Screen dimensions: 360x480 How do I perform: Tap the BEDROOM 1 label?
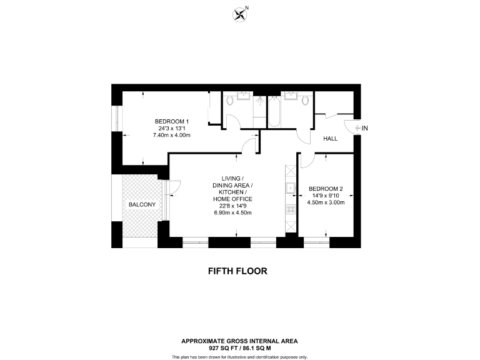point(172,121)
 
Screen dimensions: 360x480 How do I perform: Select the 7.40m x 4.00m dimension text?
point(172,135)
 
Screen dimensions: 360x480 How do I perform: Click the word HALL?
point(331,138)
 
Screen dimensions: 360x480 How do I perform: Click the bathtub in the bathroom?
point(274,111)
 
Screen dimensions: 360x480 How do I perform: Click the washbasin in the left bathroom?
point(242,96)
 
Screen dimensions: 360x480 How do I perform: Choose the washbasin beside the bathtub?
point(290,96)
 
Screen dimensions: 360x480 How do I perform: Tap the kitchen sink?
point(290,188)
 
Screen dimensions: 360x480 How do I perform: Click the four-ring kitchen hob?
point(290,210)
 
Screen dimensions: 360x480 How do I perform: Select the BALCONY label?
point(141,204)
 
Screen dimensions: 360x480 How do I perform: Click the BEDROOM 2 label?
point(326,189)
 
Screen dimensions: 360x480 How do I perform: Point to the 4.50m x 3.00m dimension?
point(326,202)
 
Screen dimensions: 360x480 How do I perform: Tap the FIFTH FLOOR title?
point(237,271)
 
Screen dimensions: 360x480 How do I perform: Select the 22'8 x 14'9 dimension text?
point(232,206)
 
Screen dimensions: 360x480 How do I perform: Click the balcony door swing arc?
point(174,185)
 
